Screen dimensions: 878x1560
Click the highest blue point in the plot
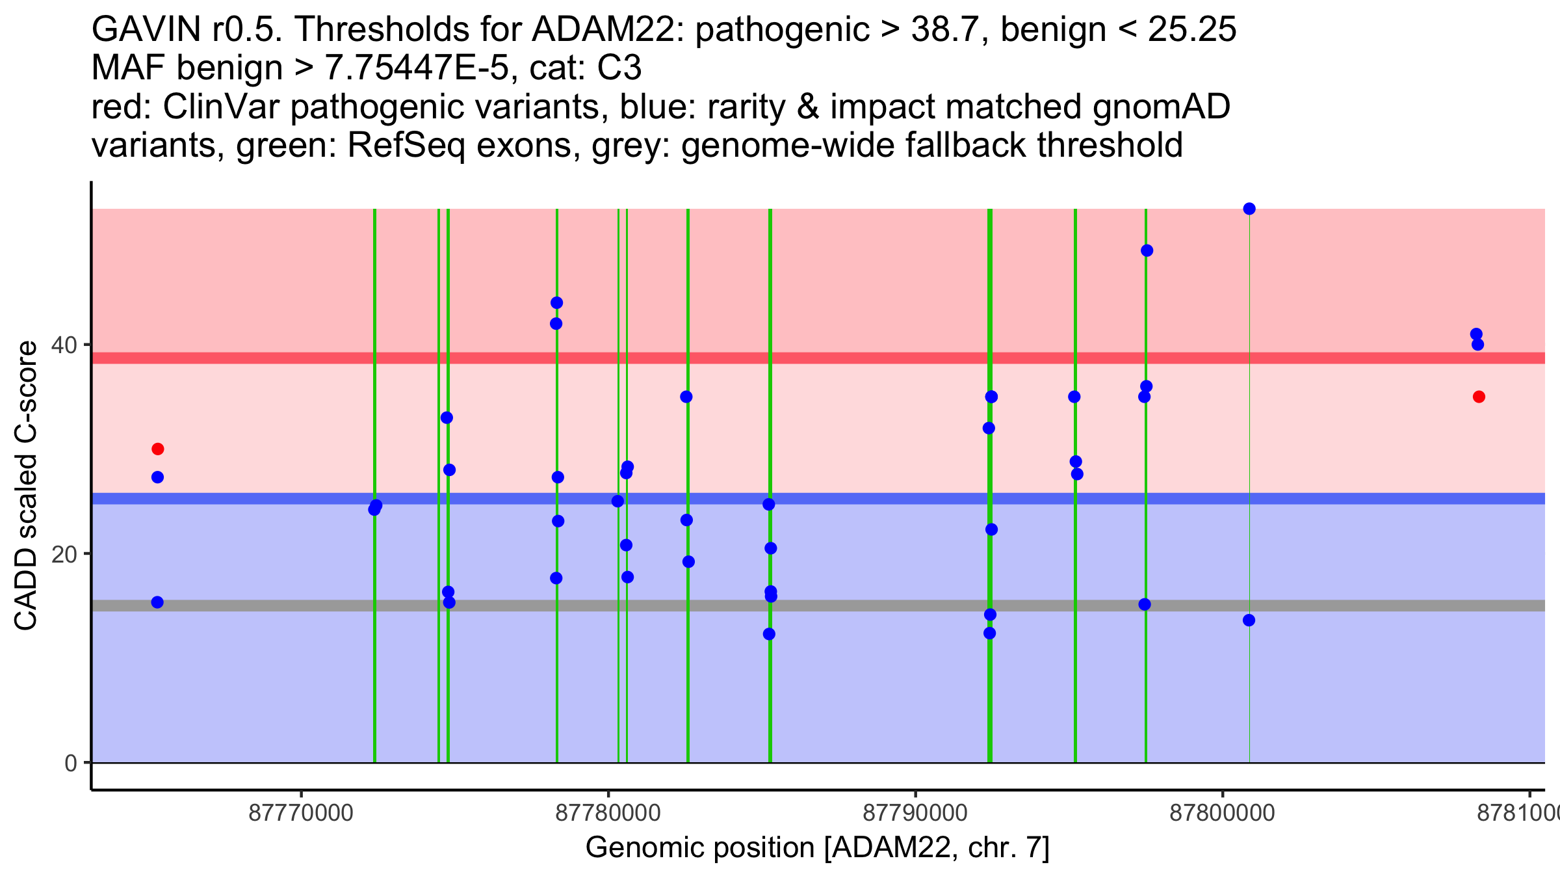point(1249,209)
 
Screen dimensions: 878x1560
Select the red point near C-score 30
point(157,449)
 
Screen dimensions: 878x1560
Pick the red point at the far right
point(1479,397)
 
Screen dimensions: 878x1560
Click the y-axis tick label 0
point(70,763)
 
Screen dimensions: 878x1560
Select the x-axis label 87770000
point(301,814)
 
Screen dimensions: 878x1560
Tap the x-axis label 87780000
point(608,814)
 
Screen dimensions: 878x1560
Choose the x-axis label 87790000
point(915,814)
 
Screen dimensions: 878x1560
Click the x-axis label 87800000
point(1223,814)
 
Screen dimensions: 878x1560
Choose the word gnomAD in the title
point(1161,107)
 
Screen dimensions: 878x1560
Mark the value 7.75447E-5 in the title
point(416,68)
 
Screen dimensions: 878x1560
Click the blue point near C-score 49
point(1147,250)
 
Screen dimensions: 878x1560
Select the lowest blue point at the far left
point(157,602)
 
